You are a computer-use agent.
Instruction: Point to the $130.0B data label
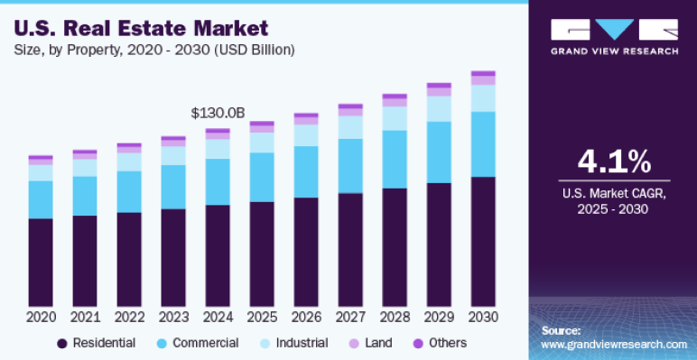coord(218,113)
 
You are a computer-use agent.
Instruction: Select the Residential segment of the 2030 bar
coord(483,241)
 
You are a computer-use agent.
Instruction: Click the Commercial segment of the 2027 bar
coord(350,165)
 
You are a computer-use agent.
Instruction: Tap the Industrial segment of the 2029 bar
coord(439,108)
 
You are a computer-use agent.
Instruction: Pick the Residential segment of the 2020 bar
coord(41,262)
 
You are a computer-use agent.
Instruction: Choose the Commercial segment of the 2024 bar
coord(218,181)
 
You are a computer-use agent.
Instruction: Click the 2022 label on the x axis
coord(129,318)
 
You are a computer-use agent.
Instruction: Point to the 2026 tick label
coord(306,318)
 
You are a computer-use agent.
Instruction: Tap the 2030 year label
coord(483,318)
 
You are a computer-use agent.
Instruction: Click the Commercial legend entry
coord(197,343)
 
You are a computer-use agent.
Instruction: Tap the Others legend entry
coord(440,343)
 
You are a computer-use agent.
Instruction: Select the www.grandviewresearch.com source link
coord(614,345)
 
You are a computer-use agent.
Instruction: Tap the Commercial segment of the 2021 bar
coord(85,196)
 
